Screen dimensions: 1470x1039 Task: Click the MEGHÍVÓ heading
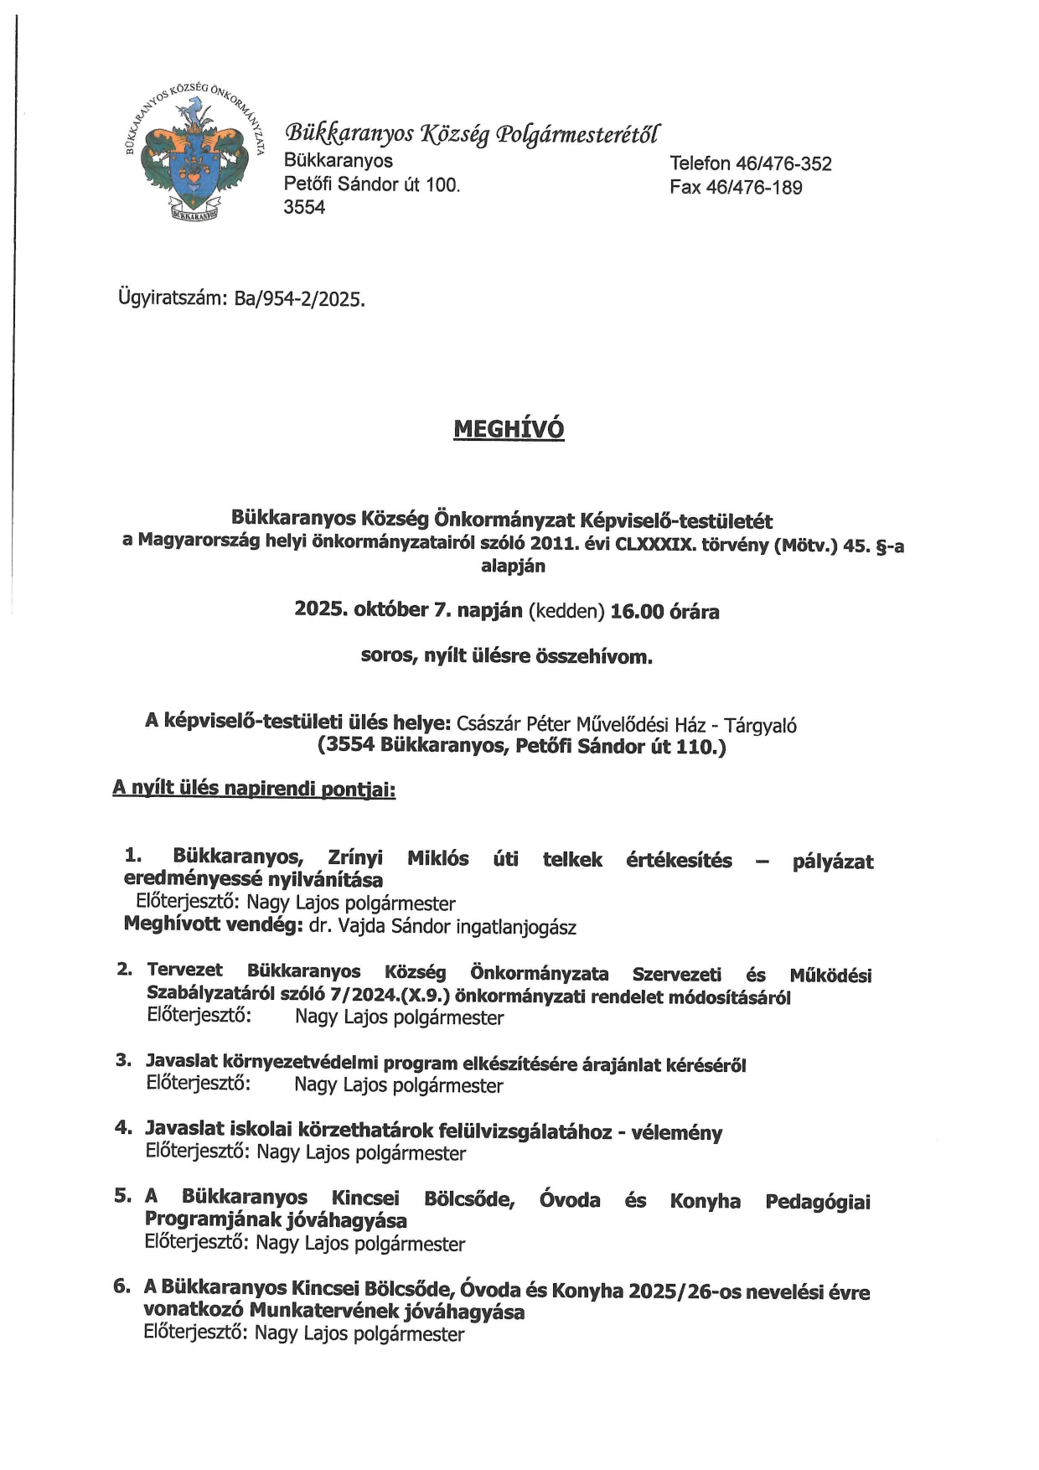coord(509,429)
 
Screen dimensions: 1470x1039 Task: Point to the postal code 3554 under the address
coord(304,207)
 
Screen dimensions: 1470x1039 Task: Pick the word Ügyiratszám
coord(172,299)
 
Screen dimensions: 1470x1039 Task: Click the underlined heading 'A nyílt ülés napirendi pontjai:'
coord(254,789)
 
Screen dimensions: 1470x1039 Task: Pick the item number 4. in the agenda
coord(123,1128)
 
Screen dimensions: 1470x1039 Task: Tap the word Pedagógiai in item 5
coord(817,1202)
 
